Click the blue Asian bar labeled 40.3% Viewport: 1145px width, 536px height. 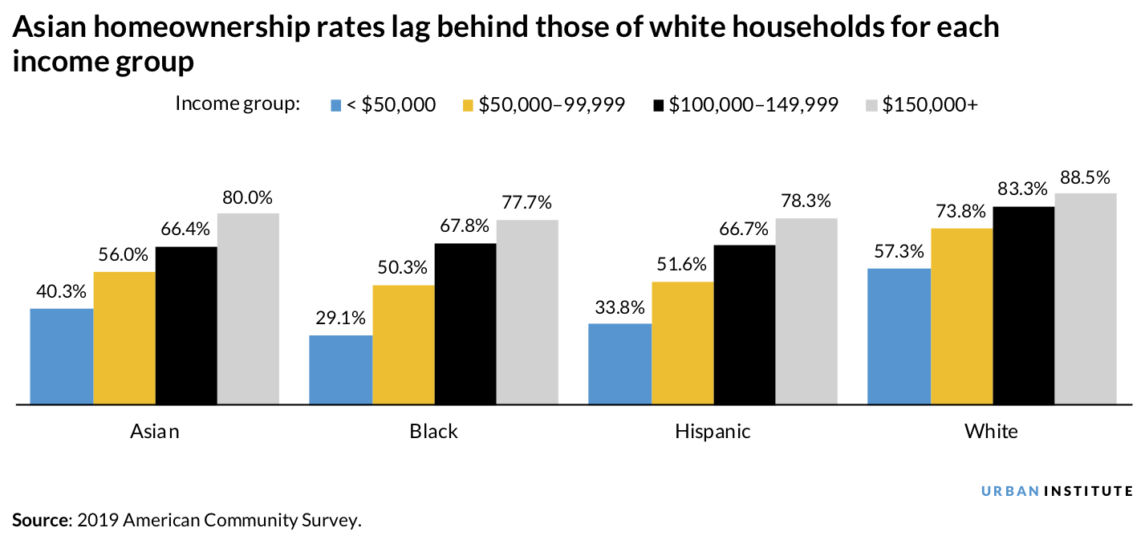pos(62,356)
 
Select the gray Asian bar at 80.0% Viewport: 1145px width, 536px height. pos(248,308)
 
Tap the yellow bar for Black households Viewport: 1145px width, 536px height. pos(403,344)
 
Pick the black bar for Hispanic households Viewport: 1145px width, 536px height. pos(745,324)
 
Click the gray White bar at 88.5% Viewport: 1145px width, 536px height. pos(1085,298)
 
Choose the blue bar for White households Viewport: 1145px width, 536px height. pos(899,335)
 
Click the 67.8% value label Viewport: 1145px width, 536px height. pos(465,226)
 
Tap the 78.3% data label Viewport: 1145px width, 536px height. pos(806,201)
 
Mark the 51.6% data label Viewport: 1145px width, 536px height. pos(682,265)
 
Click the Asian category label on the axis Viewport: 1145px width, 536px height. pos(155,432)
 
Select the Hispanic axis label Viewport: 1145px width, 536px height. pos(713,432)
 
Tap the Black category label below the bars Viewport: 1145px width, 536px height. pos(433,432)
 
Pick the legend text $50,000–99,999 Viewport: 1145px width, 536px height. pos(551,105)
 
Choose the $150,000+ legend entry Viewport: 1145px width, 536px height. pos(930,105)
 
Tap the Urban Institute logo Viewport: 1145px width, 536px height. pos(1058,491)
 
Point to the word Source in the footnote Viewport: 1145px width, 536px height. pos(40,520)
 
